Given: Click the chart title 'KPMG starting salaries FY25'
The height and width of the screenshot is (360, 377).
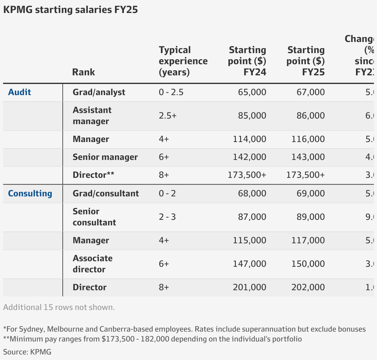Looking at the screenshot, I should [70, 10].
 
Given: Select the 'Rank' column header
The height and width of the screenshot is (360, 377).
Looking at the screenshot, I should [83, 72].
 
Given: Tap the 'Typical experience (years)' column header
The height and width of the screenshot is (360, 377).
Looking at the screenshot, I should [183, 61].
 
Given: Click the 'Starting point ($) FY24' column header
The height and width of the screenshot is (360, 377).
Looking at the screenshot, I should [247, 61].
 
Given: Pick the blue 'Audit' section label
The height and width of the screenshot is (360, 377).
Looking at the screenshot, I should [19, 92].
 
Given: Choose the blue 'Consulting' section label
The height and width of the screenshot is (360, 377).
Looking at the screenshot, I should [30, 194].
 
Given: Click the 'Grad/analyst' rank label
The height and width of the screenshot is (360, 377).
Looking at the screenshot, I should [99, 92].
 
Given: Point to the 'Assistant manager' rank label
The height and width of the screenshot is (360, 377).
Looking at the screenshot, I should [92, 116].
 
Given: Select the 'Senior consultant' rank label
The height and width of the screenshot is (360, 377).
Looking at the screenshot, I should [94, 217].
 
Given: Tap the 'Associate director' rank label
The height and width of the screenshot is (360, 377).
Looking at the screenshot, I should [92, 264].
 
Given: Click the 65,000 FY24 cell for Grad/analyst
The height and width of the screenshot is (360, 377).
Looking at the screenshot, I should [252, 92].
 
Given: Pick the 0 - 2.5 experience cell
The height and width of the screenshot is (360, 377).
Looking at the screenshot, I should [171, 92].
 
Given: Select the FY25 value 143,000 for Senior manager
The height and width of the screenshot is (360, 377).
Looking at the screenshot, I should [308, 157].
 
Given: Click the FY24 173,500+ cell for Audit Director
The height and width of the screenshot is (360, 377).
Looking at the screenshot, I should [247, 175].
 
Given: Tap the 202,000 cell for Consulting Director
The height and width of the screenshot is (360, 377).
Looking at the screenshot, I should [308, 287].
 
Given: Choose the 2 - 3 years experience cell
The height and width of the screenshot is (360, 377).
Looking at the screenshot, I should [167, 217].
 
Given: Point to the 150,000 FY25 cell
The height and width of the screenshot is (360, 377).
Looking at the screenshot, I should [308, 264].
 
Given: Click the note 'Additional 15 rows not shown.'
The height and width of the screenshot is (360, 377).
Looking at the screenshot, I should [59, 308].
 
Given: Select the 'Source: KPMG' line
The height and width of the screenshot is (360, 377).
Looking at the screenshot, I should [27, 352].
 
